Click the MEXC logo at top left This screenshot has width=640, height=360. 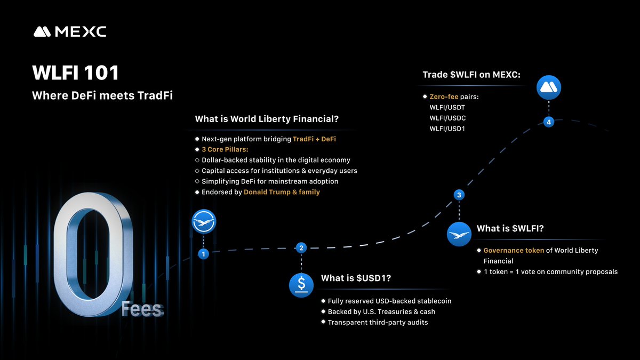click(x=70, y=32)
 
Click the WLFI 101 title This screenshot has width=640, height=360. click(x=75, y=73)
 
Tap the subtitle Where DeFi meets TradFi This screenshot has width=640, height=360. click(x=102, y=96)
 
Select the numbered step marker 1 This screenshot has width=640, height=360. click(x=203, y=254)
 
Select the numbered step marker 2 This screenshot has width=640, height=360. click(x=301, y=247)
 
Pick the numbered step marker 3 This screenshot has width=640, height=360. click(x=459, y=195)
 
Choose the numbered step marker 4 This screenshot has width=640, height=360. click(x=549, y=122)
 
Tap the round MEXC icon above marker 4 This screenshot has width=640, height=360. click(x=549, y=87)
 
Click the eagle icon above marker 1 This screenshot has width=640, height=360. click(x=203, y=221)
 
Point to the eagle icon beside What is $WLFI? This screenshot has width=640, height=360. click(x=459, y=234)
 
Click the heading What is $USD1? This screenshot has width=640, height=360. click(x=356, y=278)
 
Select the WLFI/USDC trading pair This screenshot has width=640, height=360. click(x=447, y=118)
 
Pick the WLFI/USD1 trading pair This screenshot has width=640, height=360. click(x=447, y=129)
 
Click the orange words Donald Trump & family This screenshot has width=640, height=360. click(x=282, y=192)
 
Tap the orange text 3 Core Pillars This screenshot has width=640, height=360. click(x=225, y=149)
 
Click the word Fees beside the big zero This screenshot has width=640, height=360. click(x=142, y=309)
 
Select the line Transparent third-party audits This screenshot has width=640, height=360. click(x=378, y=322)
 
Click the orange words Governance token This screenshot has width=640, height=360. click(x=514, y=250)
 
